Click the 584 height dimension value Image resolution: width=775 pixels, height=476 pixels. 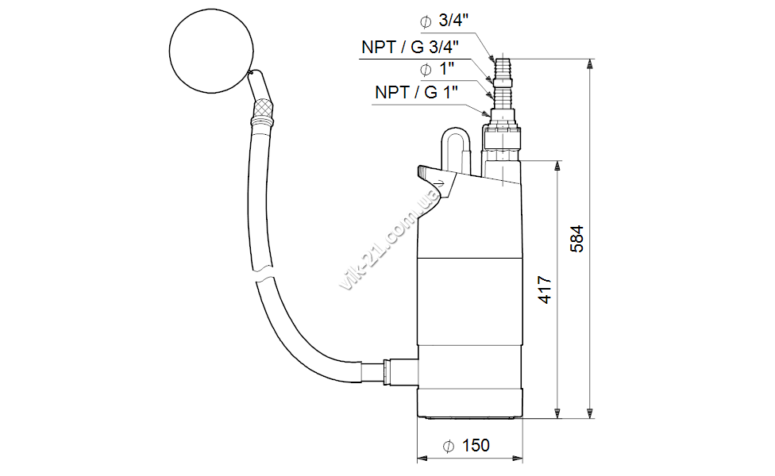576,239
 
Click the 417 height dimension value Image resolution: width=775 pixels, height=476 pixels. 545,290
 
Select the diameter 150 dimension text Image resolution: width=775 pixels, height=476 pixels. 466,445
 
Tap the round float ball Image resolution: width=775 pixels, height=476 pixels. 211,51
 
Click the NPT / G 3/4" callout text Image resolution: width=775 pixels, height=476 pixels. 411,47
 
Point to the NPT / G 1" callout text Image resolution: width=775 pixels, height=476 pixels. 417,92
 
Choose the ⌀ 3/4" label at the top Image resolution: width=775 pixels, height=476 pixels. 445,21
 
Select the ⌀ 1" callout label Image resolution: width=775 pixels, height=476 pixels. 437,69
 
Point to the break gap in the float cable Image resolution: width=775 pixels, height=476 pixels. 264,275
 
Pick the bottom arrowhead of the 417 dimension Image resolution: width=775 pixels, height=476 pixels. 557,413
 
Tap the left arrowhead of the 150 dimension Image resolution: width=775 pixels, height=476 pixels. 422,459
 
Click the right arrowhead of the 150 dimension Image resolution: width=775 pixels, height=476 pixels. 518,459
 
